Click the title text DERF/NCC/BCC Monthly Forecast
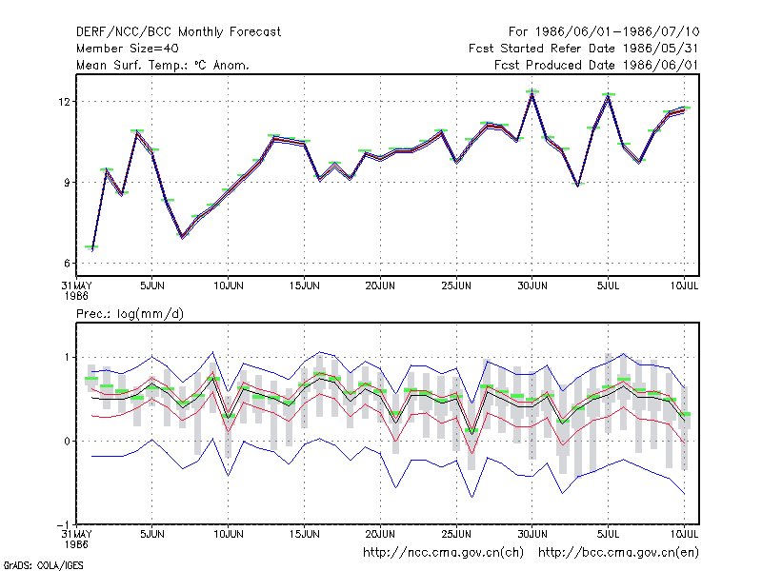(x=178, y=32)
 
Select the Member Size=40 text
(x=128, y=49)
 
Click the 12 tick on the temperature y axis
(x=64, y=102)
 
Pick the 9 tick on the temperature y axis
(x=67, y=183)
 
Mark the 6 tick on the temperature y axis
(x=67, y=264)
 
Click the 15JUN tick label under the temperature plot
(x=304, y=286)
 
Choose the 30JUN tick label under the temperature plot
(x=532, y=286)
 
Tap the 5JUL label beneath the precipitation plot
(x=608, y=534)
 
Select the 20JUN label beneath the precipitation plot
(x=380, y=534)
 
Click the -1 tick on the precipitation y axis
(x=64, y=525)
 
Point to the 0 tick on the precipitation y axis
(x=67, y=442)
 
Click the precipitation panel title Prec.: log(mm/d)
(x=130, y=314)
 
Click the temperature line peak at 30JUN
(x=532, y=94)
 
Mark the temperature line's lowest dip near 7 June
(x=183, y=236)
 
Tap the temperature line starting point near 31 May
(x=91, y=248)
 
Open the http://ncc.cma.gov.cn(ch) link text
(x=443, y=553)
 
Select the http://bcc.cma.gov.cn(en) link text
(x=618, y=553)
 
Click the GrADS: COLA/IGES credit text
(x=43, y=565)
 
